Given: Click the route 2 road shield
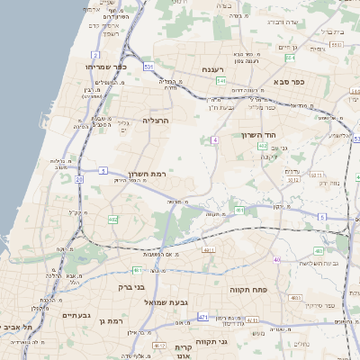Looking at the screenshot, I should pos(95,56).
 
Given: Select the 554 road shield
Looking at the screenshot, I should pos(290,58).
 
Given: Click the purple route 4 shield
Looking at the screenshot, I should pos(215,139).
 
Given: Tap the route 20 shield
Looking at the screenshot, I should pos(79,179).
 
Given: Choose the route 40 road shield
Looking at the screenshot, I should pos(278,260).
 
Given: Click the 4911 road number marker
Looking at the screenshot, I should pos(209,249).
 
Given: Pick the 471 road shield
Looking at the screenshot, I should pos(203,317).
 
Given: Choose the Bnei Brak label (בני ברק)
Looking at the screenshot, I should pos(132,291).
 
